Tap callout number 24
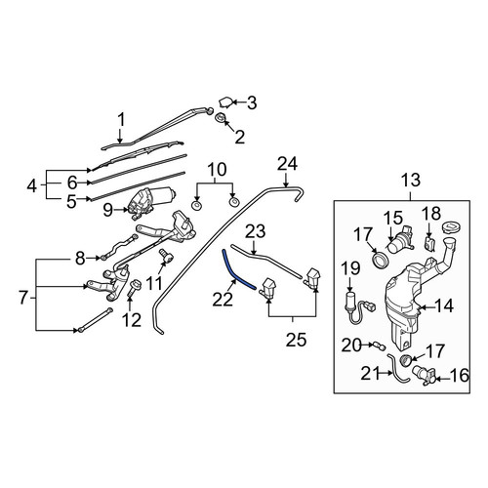click(287, 164)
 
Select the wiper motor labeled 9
click(151, 200)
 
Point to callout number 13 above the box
click(411, 181)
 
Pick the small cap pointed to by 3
click(225, 102)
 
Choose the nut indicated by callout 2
click(221, 117)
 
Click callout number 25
click(297, 340)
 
